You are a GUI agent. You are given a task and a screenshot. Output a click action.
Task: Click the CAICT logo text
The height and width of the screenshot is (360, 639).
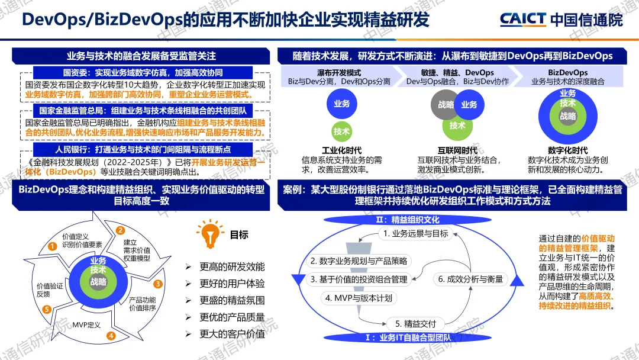522,19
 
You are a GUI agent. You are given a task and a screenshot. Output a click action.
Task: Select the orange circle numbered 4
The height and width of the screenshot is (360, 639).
111,336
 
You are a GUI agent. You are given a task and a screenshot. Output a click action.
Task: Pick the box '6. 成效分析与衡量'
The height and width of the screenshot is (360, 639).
471,279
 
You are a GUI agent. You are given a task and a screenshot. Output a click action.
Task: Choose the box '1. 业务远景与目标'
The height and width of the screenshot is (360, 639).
415,234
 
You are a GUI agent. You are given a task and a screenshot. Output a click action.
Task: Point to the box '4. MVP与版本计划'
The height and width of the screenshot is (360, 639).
359,298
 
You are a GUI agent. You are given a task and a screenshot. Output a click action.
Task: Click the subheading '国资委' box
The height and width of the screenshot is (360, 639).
140,72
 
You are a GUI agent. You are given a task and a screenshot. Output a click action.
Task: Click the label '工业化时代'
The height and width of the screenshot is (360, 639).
341,150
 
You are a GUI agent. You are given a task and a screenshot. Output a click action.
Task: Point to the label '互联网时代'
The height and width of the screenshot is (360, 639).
457,150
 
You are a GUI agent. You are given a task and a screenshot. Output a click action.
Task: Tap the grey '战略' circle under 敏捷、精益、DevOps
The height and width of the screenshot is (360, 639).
446,105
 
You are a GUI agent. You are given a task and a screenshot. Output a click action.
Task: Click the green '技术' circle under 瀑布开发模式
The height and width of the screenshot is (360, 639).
341,131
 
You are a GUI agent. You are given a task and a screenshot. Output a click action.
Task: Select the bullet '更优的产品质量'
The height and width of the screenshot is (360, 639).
232,317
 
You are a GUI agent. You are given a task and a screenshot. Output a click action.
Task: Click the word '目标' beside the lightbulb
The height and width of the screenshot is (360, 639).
239,234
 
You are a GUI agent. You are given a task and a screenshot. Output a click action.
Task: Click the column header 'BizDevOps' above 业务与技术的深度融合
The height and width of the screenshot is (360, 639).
567,72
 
